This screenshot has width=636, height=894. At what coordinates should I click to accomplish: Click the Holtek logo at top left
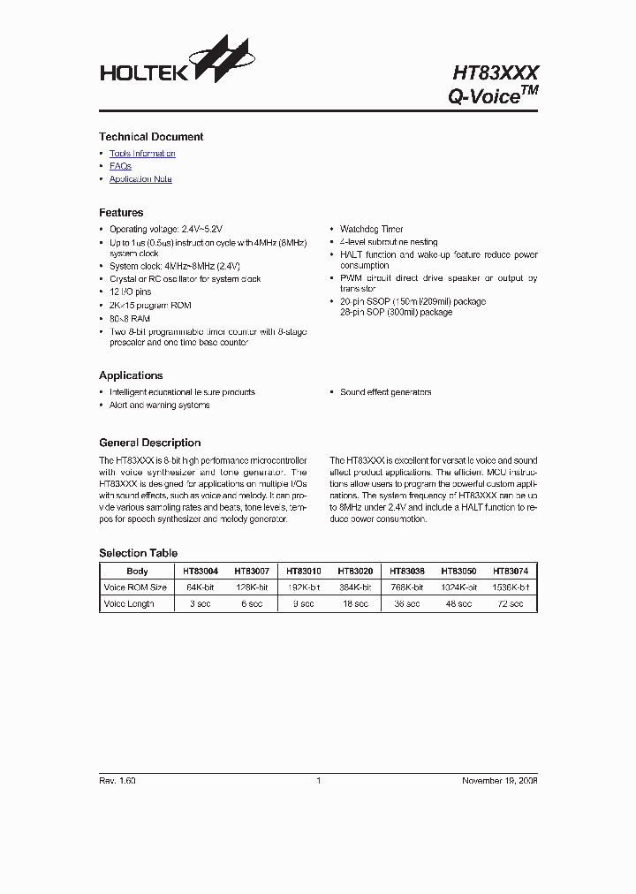[x=177, y=64]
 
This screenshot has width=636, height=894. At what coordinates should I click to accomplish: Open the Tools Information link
[x=142, y=154]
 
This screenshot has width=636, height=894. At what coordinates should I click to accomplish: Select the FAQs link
[x=120, y=166]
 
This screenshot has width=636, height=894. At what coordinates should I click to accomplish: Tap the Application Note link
[x=140, y=179]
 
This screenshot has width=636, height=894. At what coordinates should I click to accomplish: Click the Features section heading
[x=121, y=213]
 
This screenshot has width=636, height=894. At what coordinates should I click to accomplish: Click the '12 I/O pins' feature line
[x=130, y=292]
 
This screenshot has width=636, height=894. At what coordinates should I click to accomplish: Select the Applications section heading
[x=131, y=375]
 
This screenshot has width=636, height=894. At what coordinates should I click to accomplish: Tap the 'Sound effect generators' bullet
[x=385, y=392]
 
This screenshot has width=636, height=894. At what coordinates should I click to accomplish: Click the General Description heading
[x=149, y=443]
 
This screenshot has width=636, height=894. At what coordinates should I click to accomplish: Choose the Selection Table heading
[x=138, y=553]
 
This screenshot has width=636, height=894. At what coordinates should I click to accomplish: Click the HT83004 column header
[x=201, y=572]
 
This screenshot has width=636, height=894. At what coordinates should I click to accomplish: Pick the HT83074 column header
[x=511, y=572]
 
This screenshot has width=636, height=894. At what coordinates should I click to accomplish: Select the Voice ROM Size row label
[x=135, y=587]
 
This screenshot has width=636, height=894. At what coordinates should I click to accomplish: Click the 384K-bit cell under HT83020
[x=355, y=587]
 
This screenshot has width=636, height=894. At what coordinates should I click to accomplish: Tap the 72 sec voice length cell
[x=511, y=604]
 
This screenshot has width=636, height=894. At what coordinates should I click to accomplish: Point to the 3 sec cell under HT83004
[x=201, y=604]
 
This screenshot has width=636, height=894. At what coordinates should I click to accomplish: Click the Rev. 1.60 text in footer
[x=117, y=781]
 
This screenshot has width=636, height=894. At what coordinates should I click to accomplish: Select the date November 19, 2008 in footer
[x=500, y=781]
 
